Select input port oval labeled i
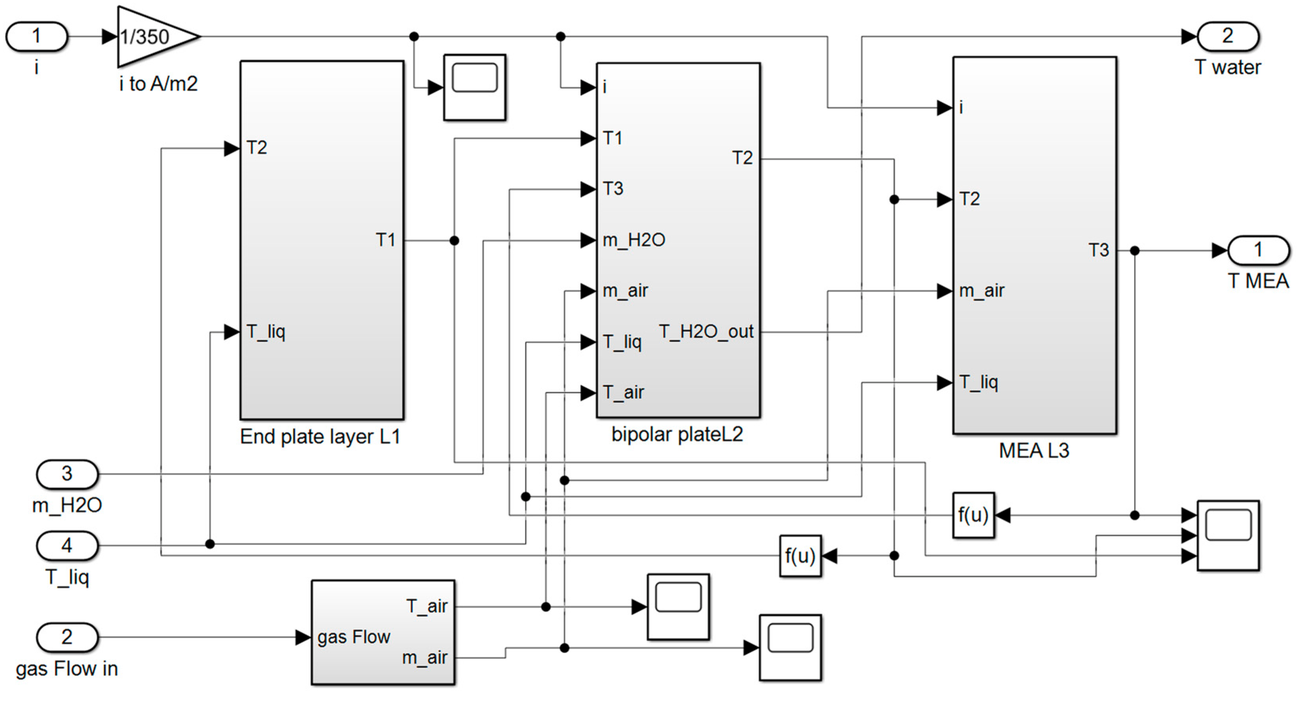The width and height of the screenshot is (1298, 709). pos(36,37)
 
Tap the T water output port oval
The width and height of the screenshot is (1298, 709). pos(1227,36)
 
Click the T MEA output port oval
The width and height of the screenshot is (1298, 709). pos(1258,250)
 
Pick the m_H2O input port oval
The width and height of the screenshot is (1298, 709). pos(67,474)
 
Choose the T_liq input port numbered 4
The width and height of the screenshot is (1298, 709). pos(67,545)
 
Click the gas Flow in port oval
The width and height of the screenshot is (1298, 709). pos(67,637)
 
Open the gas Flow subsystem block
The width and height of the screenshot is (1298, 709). pos(383,633)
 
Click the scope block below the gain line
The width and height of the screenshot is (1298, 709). pos(474,87)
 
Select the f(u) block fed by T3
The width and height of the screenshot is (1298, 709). pos(973,515)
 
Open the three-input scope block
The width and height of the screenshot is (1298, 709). pos(1228,535)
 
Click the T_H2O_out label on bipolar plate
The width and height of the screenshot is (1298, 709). pos(706,332)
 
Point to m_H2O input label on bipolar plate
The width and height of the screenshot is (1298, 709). pos(634,240)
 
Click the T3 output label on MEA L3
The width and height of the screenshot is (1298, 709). pos(1098,250)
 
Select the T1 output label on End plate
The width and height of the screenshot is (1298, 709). pos(385,240)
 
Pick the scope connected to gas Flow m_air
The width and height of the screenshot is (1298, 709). pos(790,648)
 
